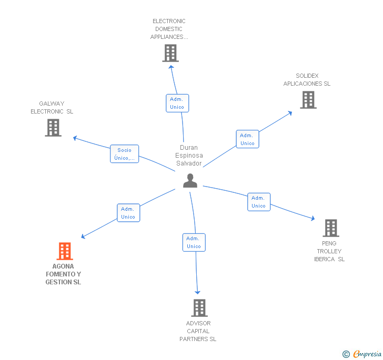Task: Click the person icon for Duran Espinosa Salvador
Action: coord(190,181)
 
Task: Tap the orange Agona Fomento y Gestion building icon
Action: coord(64,251)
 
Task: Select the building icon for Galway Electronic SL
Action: coord(53,128)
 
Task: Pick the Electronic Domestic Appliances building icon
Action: coord(170,53)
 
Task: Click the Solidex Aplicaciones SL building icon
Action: coord(308,100)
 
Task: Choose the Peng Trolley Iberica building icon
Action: coord(330,228)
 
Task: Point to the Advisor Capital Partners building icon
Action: coord(199,308)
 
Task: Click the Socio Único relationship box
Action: coord(125,154)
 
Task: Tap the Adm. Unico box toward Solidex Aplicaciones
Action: coord(247,139)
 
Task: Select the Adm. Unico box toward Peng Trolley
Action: coord(258,202)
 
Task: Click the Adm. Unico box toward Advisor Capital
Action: coord(194,242)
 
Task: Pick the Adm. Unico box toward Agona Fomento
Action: coord(128,213)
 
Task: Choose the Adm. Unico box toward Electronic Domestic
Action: coord(177,103)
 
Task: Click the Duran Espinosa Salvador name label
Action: coord(189,156)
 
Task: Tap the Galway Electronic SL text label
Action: coord(52,108)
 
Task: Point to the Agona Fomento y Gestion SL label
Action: coord(63,274)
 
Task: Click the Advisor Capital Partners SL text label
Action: coord(198,331)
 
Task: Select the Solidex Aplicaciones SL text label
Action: coord(307,80)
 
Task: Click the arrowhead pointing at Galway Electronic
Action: coord(75,138)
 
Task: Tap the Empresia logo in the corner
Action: coord(363,354)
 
